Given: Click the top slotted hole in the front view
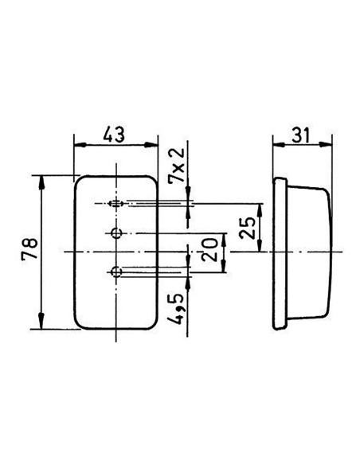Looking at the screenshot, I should coord(116,204).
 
